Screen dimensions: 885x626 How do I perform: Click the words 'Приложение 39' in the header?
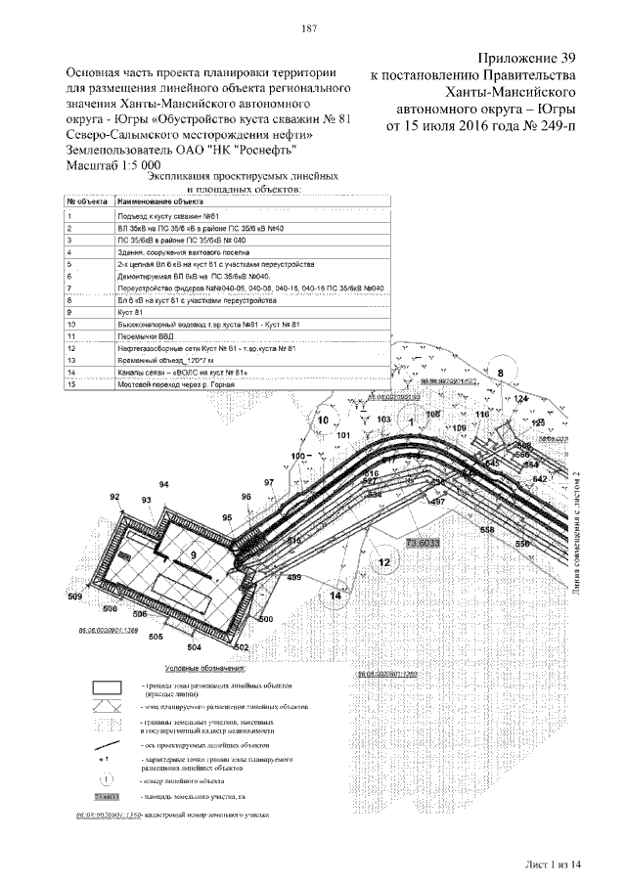coord(527,57)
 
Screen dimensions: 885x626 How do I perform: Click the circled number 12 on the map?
coord(384,561)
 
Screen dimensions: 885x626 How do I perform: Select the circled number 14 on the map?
coord(336,595)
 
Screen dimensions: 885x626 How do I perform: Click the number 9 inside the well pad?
coord(194,554)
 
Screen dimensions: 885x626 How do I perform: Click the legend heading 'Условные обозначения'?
coord(204,668)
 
